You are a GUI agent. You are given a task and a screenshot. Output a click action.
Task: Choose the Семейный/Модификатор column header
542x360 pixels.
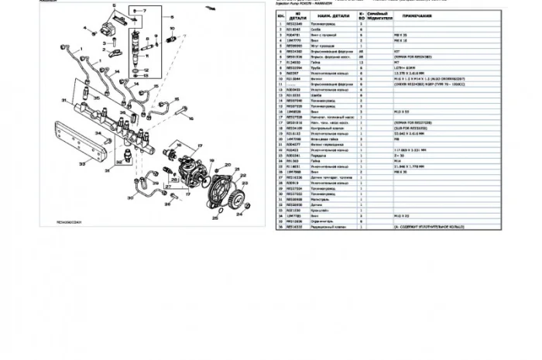tap(378, 15)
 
